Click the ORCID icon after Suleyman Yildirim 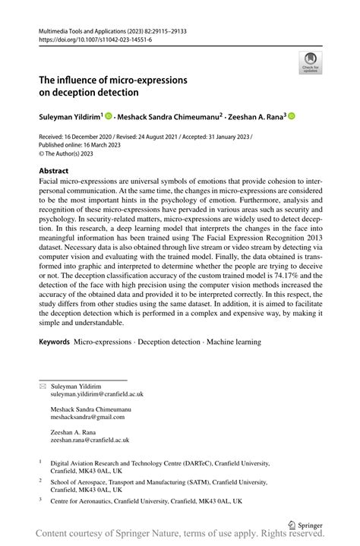coord(109,116)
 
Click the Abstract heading coord(55,172)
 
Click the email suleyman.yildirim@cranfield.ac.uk coord(97,395)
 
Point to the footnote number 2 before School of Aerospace coord(40,481)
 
